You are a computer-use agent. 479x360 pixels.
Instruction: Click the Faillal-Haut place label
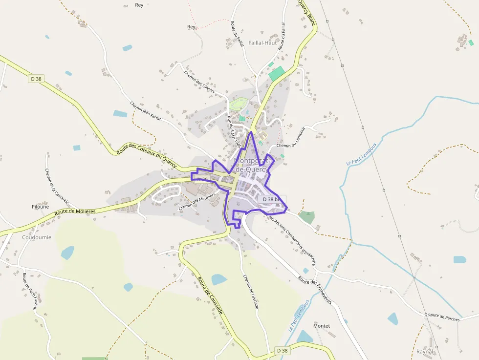[262, 42]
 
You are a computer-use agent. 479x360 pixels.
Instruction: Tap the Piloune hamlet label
[41, 207]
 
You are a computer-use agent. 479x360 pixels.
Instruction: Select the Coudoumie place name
[37, 237]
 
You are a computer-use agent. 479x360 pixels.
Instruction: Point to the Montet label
[321, 326]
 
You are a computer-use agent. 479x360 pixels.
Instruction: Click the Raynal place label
[425, 352]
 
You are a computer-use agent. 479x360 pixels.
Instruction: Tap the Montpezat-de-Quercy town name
[251, 165]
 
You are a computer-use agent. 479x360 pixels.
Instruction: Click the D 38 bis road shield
[271, 199]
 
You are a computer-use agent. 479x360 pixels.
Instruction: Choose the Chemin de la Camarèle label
[56, 189]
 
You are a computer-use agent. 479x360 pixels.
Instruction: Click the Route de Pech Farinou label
[29, 293]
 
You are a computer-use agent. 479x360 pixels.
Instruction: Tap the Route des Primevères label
[315, 291]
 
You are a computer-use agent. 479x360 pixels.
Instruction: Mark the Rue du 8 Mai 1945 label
[235, 132]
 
